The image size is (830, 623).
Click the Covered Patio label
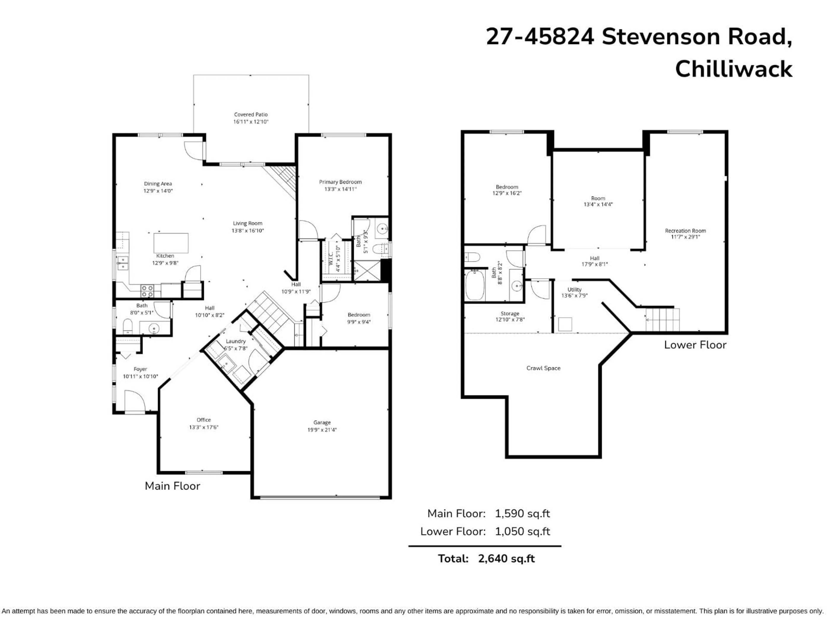point(251,114)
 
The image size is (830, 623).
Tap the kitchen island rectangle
point(171,243)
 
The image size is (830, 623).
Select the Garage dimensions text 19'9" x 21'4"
point(322,430)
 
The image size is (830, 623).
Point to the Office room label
point(204,420)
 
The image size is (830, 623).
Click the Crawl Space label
point(543,368)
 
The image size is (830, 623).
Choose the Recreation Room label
point(685,231)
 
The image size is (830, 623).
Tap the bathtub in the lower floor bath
point(475,285)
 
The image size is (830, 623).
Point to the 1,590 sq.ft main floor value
point(522,513)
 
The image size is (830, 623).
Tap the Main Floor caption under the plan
point(172,486)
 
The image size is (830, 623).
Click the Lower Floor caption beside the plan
point(695,345)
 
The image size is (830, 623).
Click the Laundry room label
point(236,341)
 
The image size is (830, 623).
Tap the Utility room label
point(574,289)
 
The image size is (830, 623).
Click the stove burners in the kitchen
point(147,291)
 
